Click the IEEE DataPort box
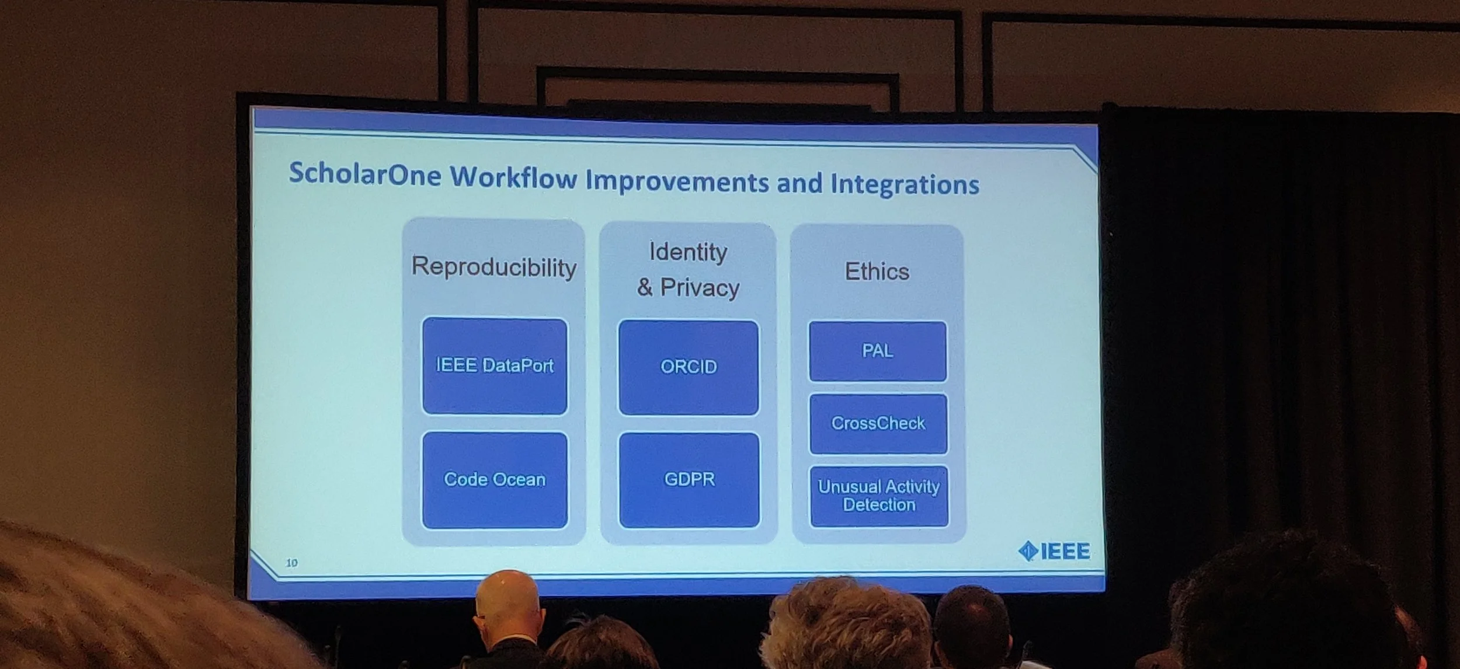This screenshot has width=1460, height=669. [495, 366]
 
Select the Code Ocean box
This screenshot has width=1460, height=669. [495, 480]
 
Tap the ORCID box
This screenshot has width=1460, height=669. [689, 367]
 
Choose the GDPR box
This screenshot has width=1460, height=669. [689, 480]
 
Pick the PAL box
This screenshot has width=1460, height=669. [877, 351]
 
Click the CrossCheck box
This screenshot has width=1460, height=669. [878, 424]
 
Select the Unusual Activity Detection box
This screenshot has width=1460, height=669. [879, 496]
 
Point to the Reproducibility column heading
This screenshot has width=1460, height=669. [494, 267]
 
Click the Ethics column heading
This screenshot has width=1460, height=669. [877, 271]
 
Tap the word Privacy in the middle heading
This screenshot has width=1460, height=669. [700, 288]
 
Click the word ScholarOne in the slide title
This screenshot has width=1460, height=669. [365, 174]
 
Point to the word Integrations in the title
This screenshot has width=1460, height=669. [905, 184]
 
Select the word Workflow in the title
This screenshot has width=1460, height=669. [513, 177]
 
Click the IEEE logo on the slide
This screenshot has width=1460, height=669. [1054, 551]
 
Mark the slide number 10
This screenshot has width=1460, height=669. [291, 563]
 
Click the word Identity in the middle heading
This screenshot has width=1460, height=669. [689, 252]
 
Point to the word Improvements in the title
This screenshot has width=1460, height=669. [677, 181]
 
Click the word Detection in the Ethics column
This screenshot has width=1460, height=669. [879, 505]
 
